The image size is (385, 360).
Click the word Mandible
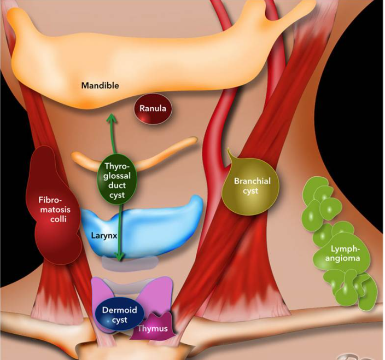coord(100,86)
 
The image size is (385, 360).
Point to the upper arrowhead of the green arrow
coord(111,115)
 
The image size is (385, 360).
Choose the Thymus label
coord(152,329)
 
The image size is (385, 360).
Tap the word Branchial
coord(252,181)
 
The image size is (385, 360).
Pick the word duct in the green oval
coord(117,186)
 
